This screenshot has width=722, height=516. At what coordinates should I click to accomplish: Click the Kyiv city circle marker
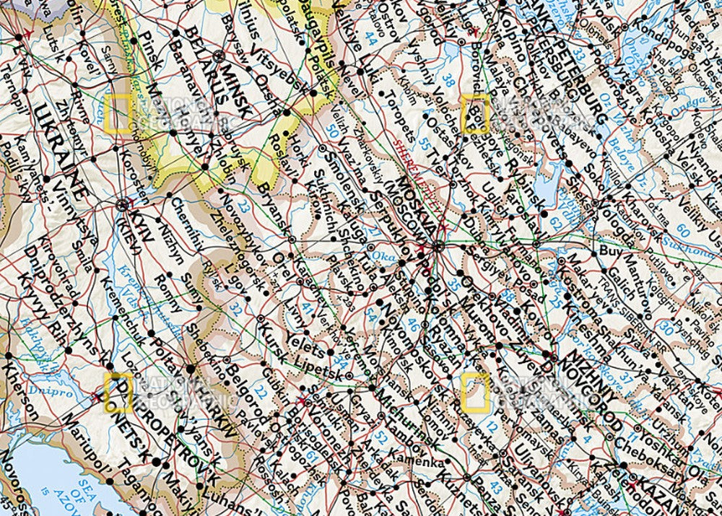point(122,205)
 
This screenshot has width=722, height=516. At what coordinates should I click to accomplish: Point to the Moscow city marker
point(438,247)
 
